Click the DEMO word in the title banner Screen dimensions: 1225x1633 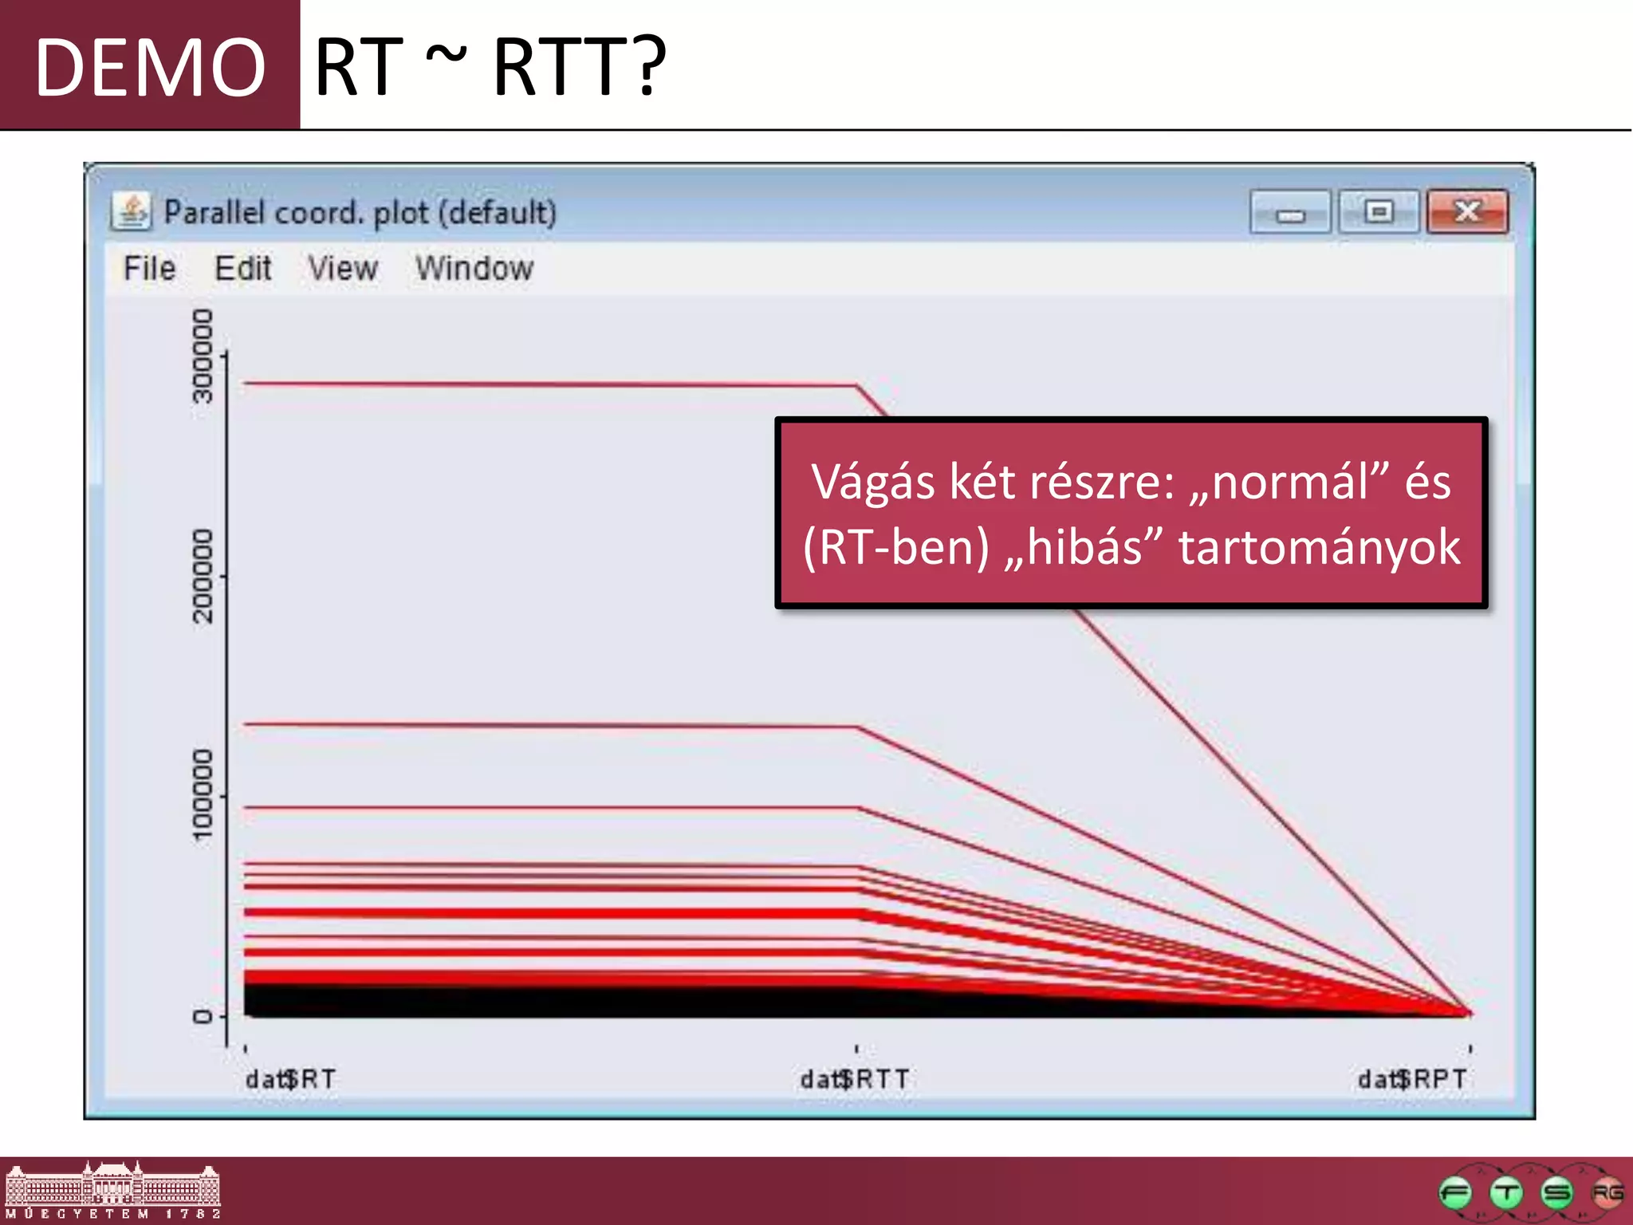point(150,68)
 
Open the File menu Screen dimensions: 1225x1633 point(149,269)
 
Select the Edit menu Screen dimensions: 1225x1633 point(243,269)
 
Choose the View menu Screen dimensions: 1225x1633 point(343,269)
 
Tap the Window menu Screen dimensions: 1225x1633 point(474,269)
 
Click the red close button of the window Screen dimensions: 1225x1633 point(1467,211)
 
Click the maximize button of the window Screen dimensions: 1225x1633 point(1379,211)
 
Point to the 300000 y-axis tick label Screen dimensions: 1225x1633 point(203,356)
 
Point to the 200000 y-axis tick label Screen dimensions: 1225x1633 point(203,576)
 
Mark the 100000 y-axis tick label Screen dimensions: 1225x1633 point(203,795)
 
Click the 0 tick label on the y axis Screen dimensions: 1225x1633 point(203,1016)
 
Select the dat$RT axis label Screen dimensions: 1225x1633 point(290,1079)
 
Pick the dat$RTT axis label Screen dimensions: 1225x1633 point(855,1079)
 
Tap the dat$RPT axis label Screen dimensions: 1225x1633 point(1412,1079)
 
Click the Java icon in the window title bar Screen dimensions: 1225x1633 point(132,211)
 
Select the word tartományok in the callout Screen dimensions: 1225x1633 point(1320,547)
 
